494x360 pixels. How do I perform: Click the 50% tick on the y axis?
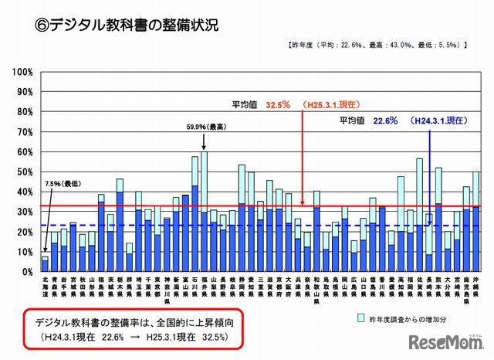point(23,172)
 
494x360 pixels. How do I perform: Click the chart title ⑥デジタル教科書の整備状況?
point(128,24)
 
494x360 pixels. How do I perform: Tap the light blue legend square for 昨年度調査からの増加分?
point(361,318)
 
